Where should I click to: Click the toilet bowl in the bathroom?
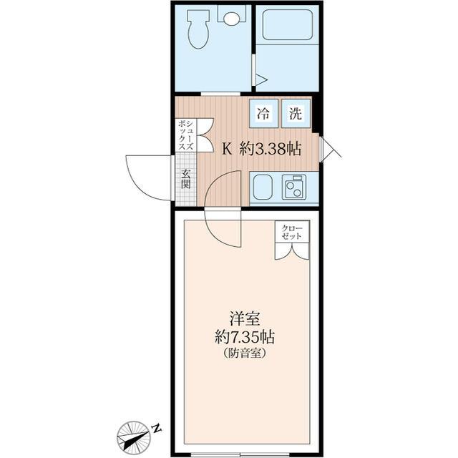pyautogui.click(x=198, y=31)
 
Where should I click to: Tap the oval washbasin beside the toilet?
pyautogui.click(x=230, y=18)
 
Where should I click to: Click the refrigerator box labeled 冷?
pyautogui.click(x=264, y=112)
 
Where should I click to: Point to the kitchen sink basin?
pyautogui.click(x=261, y=187)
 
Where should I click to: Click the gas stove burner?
pyautogui.click(x=294, y=187)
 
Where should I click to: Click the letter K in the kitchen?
pyautogui.click(x=227, y=149)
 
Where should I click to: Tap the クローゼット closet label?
pyautogui.click(x=293, y=232)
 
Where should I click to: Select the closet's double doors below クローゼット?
pyautogui.click(x=293, y=250)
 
